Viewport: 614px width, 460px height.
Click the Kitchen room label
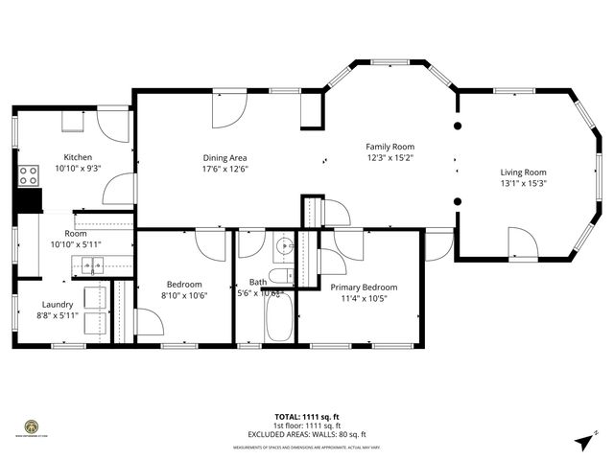pos(78,157)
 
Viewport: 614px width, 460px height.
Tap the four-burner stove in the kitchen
pos(29,175)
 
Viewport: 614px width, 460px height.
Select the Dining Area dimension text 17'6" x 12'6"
pos(225,169)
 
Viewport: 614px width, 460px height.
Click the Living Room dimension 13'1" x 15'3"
pos(523,185)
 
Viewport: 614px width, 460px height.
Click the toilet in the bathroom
pos(281,277)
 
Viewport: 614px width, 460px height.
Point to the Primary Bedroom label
pos(364,287)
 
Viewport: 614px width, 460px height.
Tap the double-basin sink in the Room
pos(92,271)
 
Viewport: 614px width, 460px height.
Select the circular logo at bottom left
pos(32,426)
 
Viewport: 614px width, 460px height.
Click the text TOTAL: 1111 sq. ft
pos(307,417)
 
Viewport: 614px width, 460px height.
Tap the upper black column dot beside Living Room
pos(458,126)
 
